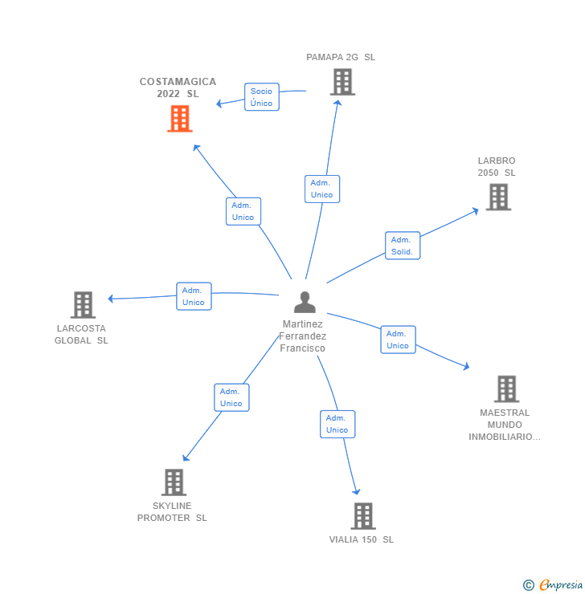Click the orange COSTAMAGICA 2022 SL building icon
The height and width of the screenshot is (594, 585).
coord(180,119)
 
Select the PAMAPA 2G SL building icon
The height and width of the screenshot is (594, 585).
coord(342,82)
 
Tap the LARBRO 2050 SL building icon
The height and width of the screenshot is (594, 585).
coord(498,197)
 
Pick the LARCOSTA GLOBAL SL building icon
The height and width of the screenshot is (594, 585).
coord(83,305)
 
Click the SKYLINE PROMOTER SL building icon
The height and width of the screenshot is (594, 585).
coord(174,482)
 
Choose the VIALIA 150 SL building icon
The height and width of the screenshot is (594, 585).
coord(363,516)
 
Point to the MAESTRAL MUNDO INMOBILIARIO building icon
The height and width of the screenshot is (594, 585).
coord(506,389)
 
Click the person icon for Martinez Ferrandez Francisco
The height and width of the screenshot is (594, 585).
coord(305,303)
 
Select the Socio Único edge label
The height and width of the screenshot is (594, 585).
coord(261,97)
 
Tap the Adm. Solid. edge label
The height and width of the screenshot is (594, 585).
coord(402,246)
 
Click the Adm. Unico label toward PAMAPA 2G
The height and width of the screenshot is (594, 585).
coord(321,189)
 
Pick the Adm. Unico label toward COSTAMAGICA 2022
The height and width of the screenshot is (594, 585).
coord(243,211)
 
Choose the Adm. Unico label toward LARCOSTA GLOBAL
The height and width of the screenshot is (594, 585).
coord(194,296)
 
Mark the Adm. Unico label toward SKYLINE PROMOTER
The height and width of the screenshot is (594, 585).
coord(231,397)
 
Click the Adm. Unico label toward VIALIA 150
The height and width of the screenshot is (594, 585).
coord(337,424)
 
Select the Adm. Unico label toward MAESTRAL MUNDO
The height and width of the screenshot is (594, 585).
coord(398,340)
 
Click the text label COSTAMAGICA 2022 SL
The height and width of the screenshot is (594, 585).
coord(178,87)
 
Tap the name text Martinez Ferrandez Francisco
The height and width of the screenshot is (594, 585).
coord(303,336)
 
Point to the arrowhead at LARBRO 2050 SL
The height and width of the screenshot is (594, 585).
coord(475,211)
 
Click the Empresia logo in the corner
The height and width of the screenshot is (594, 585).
coord(554,585)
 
